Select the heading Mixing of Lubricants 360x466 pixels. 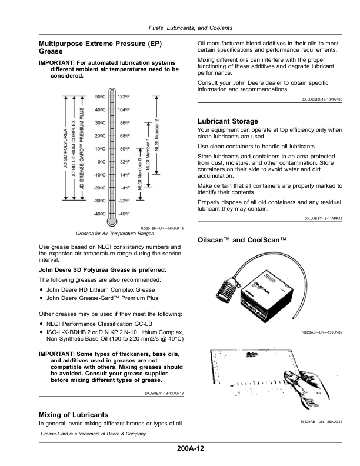[x=73, y=414]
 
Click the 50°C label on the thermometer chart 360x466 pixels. [x=99, y=96]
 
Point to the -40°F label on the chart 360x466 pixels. [x=124, y=214]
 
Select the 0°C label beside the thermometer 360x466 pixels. [x=101, y=162]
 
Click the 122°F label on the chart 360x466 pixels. [x=124, y=96]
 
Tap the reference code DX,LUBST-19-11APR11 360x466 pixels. [x=323, y=219]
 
